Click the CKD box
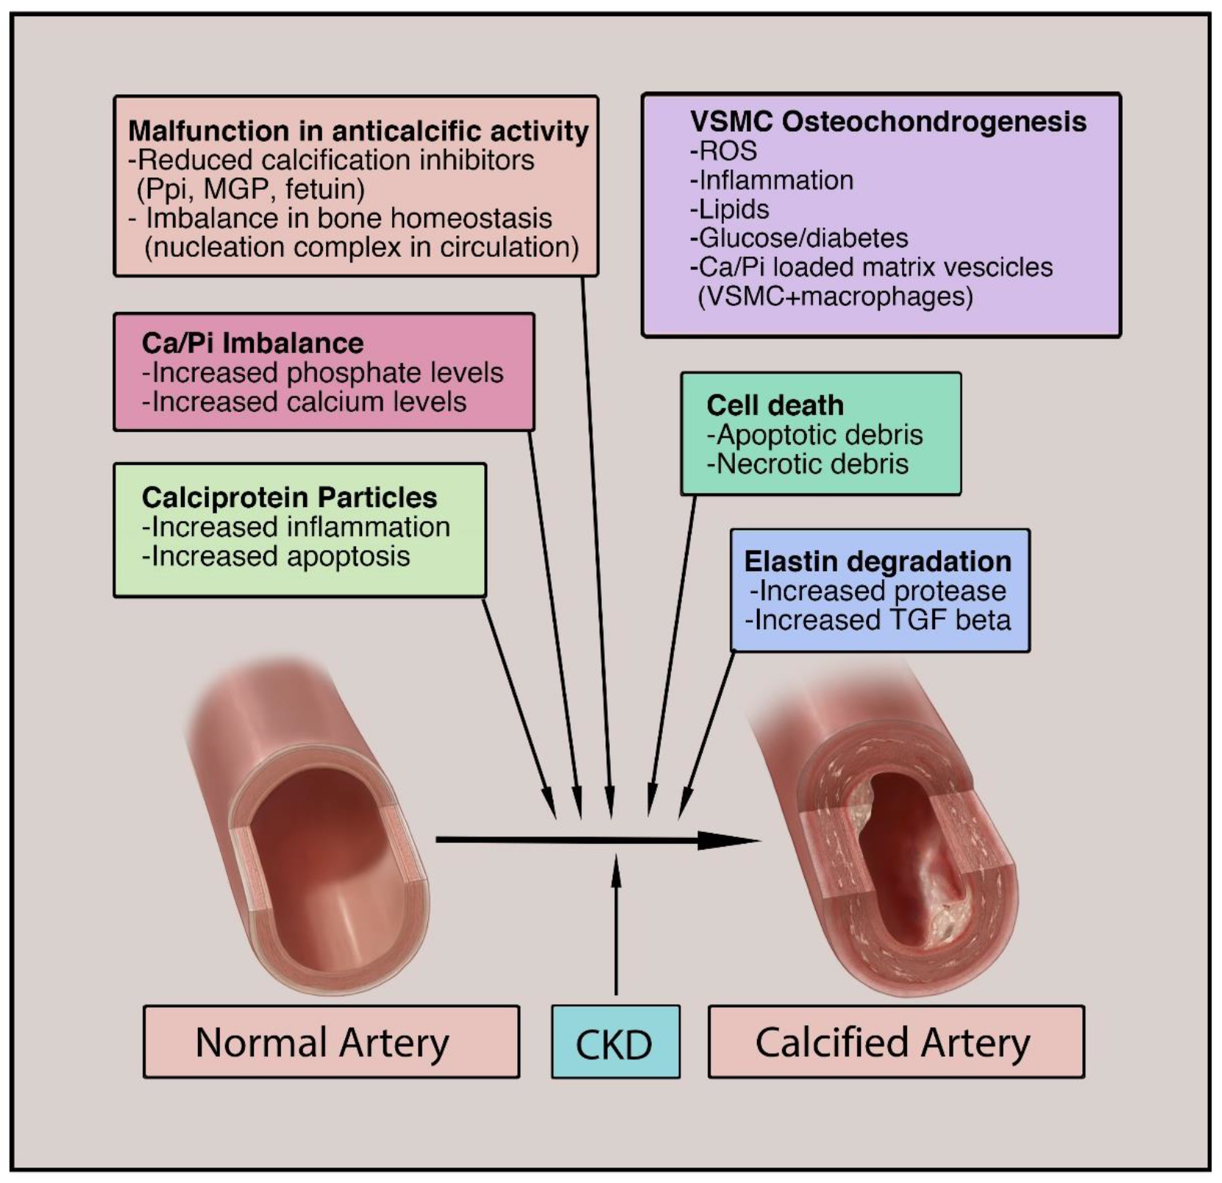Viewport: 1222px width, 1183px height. [x=615, y=1042]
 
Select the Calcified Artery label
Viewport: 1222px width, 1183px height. [x=895, y=1042]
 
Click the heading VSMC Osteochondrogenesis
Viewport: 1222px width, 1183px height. [x=887, y=122]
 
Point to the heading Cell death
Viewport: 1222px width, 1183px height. [x=775, y=405]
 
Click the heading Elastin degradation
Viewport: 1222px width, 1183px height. [x=877, y=561]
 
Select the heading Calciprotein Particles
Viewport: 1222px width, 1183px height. [x=289, y=498]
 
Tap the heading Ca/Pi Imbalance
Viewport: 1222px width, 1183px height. [x=252, y=344]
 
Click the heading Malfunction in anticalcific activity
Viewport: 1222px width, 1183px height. [x=358, y=131]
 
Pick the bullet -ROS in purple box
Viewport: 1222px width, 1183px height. [x=723, y=151]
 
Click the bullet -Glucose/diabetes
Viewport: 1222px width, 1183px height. [x=799, y=238]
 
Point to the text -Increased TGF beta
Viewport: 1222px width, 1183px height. [x=878, y=620]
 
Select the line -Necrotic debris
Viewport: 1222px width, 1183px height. [x=807, y=464]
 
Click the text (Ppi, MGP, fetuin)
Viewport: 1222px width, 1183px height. [x=250, y=189]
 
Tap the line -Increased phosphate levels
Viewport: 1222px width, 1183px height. [x=322, y=373]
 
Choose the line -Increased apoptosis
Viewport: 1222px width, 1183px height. [x=276, y=557]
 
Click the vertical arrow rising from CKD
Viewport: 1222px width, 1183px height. [x=616, y=927]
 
